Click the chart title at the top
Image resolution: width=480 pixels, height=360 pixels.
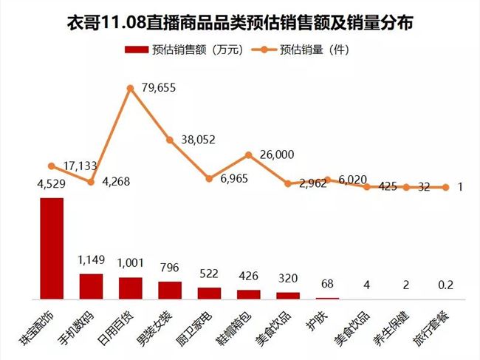(239, 23)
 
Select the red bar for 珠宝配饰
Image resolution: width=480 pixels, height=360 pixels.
(51, 248)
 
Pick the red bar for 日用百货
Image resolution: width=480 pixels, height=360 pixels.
(130, 288)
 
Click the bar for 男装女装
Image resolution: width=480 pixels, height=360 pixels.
(170, 290)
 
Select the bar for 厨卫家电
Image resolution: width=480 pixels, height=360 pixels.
(209, 293)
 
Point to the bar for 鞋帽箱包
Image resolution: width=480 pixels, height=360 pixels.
(248, 294)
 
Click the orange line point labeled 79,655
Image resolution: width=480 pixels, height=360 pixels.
(130, 88)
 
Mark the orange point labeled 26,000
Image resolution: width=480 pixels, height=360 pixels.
(249, 155)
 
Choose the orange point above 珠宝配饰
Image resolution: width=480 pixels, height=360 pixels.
(51, 166)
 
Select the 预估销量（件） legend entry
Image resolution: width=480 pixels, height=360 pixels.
(303, 50)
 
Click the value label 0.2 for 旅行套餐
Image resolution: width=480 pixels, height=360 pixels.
(445, 285)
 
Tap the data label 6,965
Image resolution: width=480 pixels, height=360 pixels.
(236, 180)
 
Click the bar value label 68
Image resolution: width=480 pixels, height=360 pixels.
(327, 285)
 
